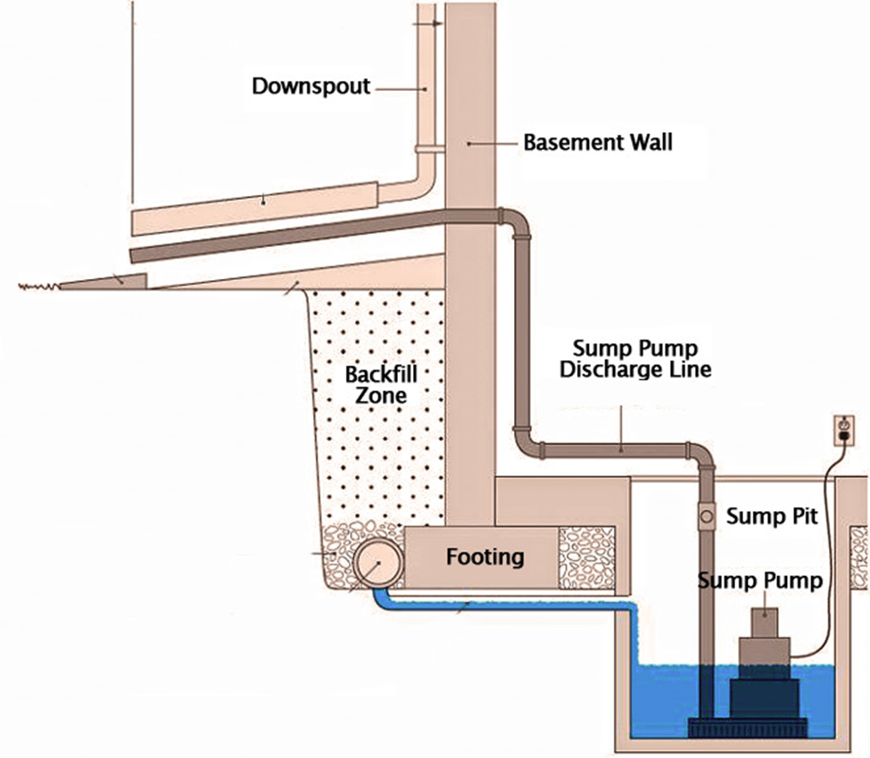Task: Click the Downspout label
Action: click(x=310, y=87)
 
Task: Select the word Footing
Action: click(x=485, y=558)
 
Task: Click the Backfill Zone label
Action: click(x=380, y=383)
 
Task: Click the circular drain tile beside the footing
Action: click(x=377, y=564)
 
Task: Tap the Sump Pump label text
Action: click(x=760, y=581)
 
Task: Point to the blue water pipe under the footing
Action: click(x=500, y=607)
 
